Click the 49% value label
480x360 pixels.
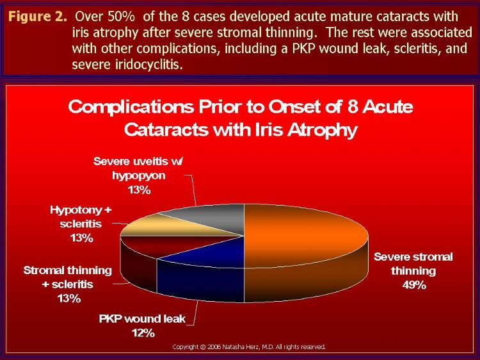[414, 285]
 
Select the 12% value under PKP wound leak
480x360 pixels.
[143, 332]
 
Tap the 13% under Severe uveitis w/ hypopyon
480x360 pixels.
[140, 190]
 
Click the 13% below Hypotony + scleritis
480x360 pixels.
[81, 238]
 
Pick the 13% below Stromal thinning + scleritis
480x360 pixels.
[69, 298]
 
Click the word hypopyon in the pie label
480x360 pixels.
[139, 176]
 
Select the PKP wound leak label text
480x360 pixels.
[142, 318]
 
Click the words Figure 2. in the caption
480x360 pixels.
[37, 17]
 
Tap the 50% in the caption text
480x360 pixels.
[121, 17]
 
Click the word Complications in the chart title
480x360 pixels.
[131, 108]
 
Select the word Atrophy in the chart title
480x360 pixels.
[322, 131]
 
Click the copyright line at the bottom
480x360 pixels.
[249, 347]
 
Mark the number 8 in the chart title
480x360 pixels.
[353, 107]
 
